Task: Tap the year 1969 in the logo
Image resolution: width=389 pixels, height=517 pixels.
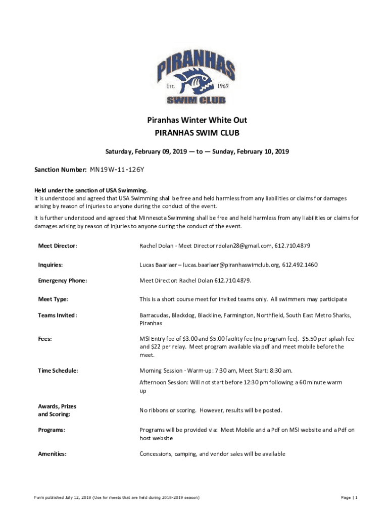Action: click(223, 86)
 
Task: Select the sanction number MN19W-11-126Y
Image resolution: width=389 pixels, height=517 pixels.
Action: click(120, 170)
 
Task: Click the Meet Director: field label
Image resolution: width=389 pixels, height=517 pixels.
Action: click(58, 246)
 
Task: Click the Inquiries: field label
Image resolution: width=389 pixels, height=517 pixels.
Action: click(51, 265)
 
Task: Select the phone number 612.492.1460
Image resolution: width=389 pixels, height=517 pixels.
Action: click(300, 265)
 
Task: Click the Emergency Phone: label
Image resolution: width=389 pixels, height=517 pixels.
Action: click(63, 281)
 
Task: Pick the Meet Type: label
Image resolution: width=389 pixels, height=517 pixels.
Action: click(53, 299)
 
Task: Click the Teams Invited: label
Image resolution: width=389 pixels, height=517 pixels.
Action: click(58, 316)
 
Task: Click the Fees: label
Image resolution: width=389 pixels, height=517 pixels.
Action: click(45, 339)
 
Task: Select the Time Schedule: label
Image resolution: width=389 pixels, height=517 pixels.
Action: click(58, 371)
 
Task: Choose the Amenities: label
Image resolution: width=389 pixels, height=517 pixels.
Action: click(52, 454)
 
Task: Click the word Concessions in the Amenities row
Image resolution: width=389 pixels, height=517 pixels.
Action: click(156, 454)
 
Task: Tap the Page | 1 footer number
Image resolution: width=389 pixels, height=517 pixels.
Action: click(349, 498)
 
